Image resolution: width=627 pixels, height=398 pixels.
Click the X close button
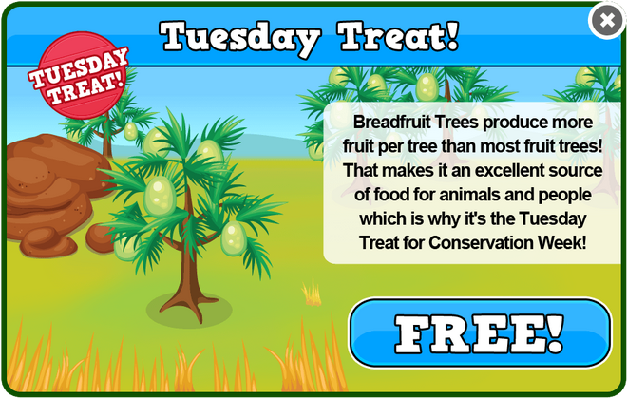tap(607, 20)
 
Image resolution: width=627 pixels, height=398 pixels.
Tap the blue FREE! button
tap(481, 332)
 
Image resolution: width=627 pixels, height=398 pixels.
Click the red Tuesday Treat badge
tap(81, 75)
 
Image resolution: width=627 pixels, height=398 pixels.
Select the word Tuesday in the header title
tap(240, 38)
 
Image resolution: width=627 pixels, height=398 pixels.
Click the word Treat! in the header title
tap(398, 36)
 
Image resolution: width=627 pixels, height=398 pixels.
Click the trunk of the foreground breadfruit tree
tap(187, 256)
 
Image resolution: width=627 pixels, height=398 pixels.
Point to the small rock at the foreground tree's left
tap(100, 238)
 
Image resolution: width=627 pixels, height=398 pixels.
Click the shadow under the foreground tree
tap(189, 310)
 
